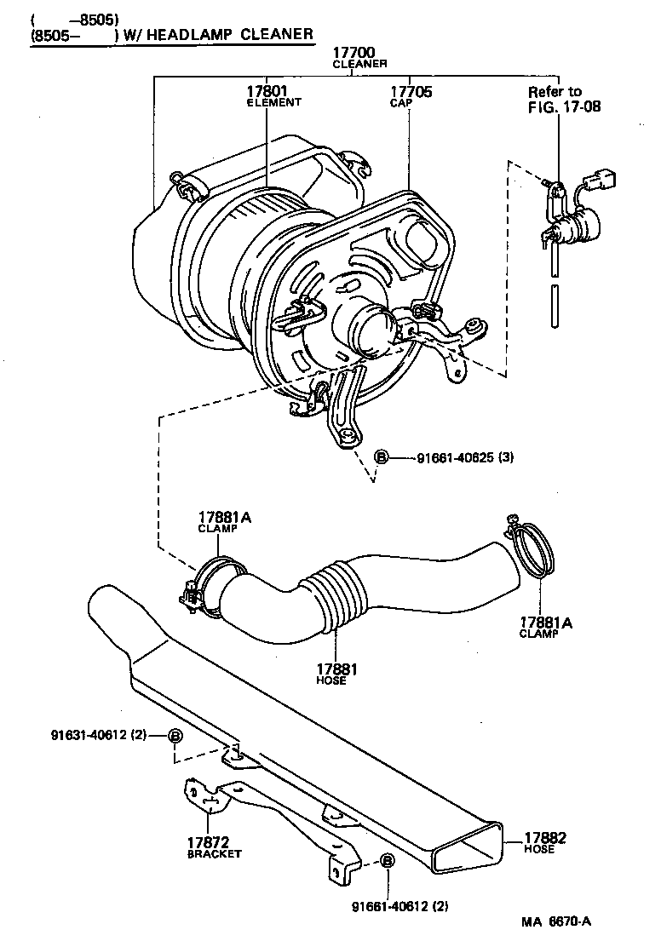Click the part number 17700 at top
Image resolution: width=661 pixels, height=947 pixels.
[359, 53]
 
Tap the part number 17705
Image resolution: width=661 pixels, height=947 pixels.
[411, 91]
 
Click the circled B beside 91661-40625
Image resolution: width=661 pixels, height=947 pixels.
[382, 458]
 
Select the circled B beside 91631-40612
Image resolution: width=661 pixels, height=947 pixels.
[174, 736]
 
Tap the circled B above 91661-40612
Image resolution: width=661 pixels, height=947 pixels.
[386, 861]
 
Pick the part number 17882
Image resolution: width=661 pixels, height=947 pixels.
[545, 838]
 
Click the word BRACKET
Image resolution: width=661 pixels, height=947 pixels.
[214, 853]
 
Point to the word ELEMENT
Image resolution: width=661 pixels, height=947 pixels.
[273, 102]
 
